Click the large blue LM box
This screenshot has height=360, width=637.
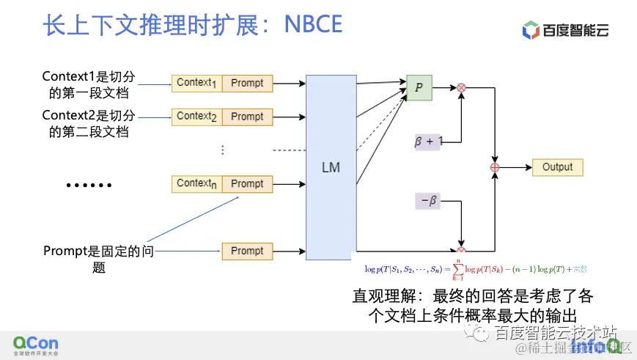(331, 166)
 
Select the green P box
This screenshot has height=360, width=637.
(419, 87)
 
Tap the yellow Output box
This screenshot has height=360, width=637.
(557, 167)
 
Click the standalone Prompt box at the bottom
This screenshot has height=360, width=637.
(247, 251)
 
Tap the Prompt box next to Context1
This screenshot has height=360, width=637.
(247, 83)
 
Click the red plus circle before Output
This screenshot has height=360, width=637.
(494, 167)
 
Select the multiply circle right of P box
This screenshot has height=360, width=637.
(461, 87)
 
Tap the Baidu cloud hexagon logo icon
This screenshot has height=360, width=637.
(531, 30)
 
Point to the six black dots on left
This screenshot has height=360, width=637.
(89, 185)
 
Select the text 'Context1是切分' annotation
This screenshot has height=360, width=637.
(89, 76)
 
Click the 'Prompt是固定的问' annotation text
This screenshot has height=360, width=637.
(99, 251)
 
